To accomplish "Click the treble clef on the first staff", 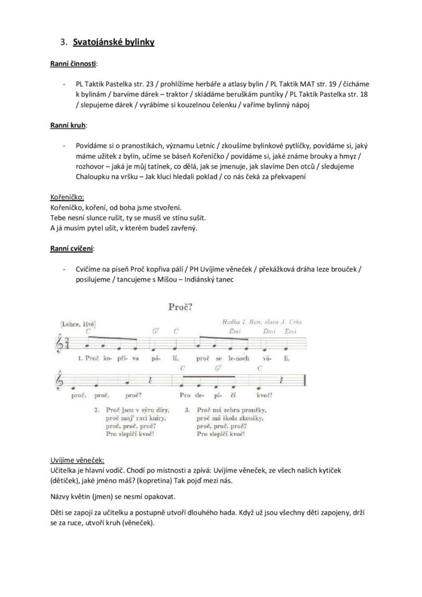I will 73,344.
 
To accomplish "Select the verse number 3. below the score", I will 188,410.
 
